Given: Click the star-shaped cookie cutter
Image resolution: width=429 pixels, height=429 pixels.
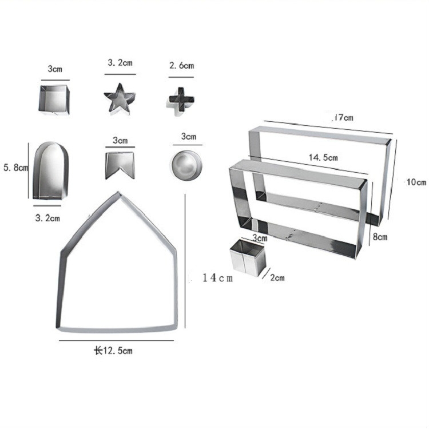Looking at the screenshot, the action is click(120, 99).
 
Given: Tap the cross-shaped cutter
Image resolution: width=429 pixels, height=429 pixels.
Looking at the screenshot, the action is click(181, 100).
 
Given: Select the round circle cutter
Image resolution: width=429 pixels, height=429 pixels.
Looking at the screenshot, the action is click(187, 165).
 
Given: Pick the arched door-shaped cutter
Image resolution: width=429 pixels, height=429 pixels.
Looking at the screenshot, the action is click(50, 170).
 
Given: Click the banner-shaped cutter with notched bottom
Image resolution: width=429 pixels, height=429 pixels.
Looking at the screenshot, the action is click(120, 165).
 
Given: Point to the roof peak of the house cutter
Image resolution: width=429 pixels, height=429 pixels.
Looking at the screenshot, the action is click(118, 192).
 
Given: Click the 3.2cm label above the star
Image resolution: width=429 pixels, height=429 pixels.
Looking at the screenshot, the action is click(120, 63).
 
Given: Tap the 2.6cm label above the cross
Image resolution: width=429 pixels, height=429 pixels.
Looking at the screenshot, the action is click(181, 66).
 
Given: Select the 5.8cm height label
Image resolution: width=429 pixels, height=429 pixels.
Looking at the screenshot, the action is click(15, 168).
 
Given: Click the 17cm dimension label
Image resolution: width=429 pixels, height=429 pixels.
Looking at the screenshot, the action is click(343, 117).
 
